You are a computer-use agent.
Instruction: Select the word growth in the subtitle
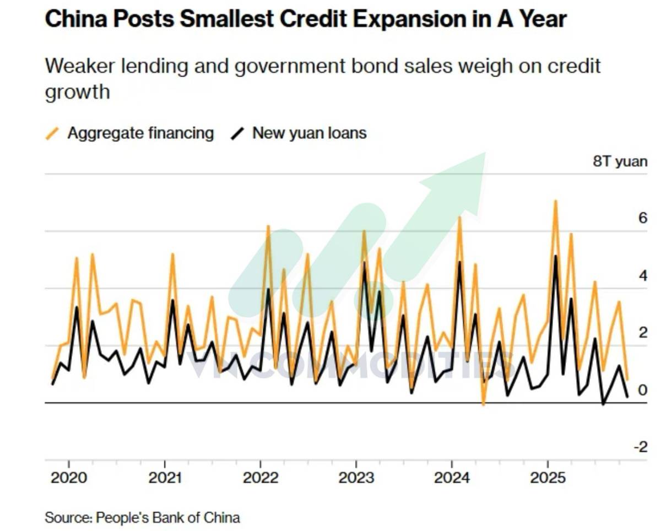[78, 93]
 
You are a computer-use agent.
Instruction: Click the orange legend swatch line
[52, 134]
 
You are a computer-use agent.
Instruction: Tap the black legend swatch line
[237, 134]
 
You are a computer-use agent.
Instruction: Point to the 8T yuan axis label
[620, 161]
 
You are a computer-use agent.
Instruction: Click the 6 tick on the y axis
[643, 218]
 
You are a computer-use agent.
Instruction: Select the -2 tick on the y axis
[641, 447]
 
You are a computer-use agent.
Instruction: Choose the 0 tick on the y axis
[643, 391]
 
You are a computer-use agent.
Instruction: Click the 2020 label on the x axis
[69, 478]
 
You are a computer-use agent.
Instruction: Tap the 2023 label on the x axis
[356, 478]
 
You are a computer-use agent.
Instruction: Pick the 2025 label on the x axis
[548, 478]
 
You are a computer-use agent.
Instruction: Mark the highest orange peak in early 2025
[555, 201]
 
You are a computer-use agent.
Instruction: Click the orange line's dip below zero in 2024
[484, 404]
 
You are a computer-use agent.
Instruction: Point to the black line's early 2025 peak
[555, 256]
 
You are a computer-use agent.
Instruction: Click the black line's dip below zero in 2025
[603, 404]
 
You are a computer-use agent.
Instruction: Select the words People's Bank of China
[167, 518]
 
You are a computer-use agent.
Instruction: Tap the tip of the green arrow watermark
[485, 153]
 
